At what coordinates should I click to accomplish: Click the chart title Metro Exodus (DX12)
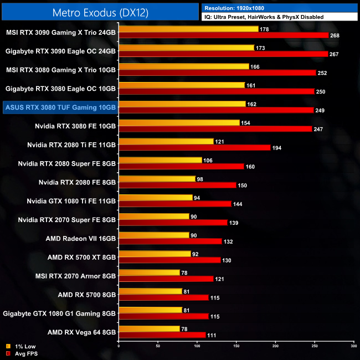tap(100, 12)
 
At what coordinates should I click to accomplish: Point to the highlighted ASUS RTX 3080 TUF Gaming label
tap(59, 107)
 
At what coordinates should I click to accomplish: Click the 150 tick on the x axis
tap(236, 346)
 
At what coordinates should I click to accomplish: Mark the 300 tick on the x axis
tap(353, 346)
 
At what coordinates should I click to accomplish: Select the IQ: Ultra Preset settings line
tap(264, 17)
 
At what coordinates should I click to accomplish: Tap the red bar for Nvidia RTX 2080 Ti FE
tap(194, 148)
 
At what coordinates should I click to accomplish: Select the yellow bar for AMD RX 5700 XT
tap(155, 254)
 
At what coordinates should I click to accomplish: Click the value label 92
tap(196, 254)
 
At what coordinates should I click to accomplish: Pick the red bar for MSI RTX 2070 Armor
tap(166, 279)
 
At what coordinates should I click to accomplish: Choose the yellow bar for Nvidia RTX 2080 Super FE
tap(160, 160)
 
